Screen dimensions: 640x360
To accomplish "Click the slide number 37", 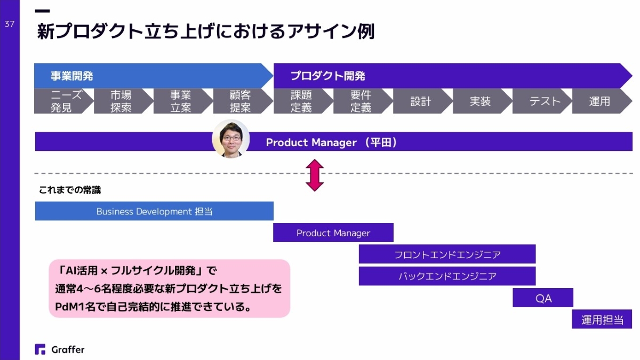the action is coord(10,24).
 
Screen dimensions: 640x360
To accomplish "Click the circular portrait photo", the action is coord(231,139).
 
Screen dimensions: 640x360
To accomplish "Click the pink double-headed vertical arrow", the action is coord(315,175).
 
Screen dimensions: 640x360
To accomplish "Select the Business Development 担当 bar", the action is coord(154,211).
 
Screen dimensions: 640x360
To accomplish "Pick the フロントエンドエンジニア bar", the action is coord(447,254).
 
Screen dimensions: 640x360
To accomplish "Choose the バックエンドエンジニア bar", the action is coord(447,276).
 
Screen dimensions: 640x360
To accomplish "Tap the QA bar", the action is coord(543,298).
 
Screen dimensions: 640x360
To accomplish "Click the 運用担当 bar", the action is coord(602,319).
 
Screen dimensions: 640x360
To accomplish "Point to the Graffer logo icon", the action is coord(40,349).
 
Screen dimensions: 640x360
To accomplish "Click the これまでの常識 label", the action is coord(70,190).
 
